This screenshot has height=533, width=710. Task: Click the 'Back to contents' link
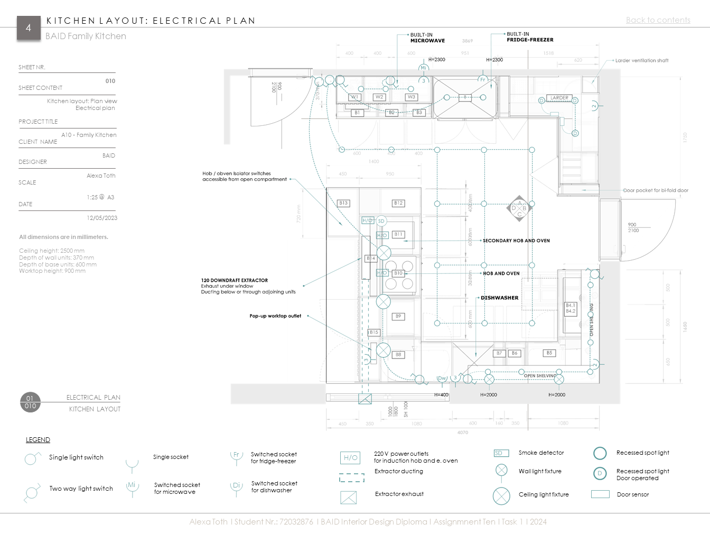(x=658, y=20)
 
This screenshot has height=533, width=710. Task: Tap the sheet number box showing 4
(x=29, y=27)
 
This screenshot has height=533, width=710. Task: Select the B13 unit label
(x=343, y=203)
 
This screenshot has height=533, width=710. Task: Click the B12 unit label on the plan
(x=398, y=203)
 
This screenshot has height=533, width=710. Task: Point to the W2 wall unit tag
(x=379, y=97)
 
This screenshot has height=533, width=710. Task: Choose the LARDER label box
(x=559, y=98)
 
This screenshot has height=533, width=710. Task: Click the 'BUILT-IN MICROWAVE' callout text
(x=427, y=38)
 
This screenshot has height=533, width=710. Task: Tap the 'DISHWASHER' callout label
(x=499, y=298)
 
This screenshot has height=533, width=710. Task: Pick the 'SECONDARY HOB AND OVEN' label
(x=516, y=241)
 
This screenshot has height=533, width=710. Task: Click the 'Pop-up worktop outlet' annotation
(x=275, y=316)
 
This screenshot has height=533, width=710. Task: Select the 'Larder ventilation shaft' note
(x=641, y=61)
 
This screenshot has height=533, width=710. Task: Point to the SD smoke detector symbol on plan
(x=381, y=221)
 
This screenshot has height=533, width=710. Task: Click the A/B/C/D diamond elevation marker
(x=519, y=208)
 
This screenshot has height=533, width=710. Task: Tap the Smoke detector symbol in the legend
(x=501, y=453)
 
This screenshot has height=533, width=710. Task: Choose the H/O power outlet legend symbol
(x=351, y=458)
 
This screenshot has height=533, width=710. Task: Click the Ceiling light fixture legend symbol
(x=501, y=496)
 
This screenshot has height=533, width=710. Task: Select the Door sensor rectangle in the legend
(x=600, y=494)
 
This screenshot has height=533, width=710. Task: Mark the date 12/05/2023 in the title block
(x=102, y=218)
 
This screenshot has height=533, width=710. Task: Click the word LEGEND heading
(x=38, y=440)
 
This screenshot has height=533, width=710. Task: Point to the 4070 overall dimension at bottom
(x=462, y=433)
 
